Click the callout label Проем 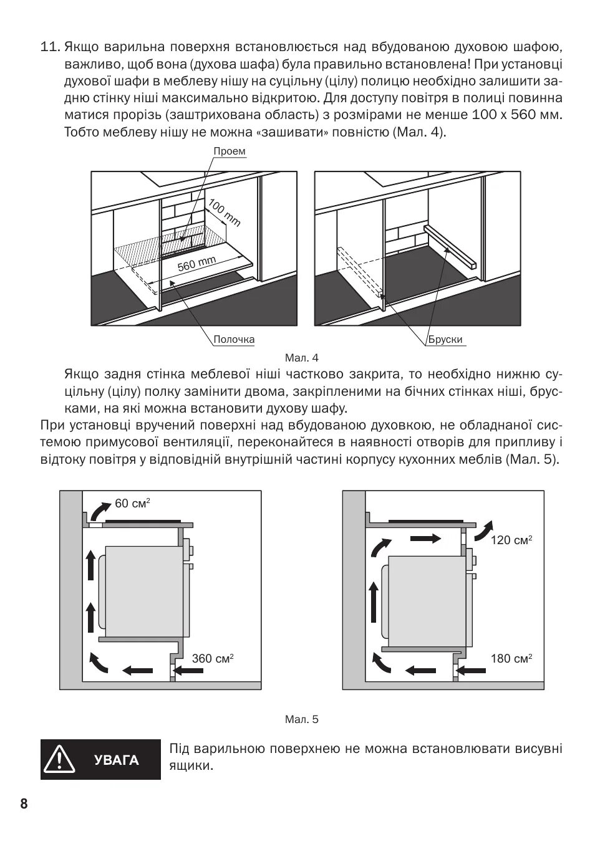(x=230, y=151)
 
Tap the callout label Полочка (x=234, y=340)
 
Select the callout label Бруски (x=445, y=340)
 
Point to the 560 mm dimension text (x=196, y=264)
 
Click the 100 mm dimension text (x=224, y=213)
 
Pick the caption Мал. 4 (x=301, y=358)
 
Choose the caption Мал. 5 (x=301, y=719)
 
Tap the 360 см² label (x=213, y=658)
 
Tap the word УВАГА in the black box (x=117, y=760)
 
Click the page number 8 (x=24, y=803)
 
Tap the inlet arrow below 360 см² (x=190, y=671)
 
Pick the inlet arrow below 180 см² (x=472, y=671)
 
